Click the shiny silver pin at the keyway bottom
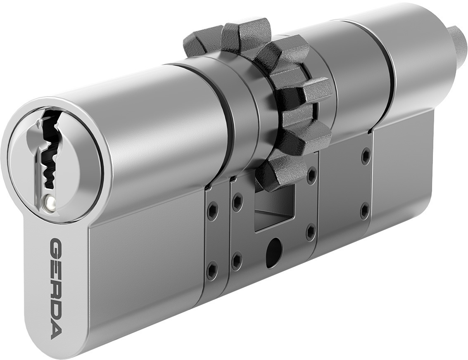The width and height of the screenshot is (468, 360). [x=50, y=202]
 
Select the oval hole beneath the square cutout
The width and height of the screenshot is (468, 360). [x=271, y=250]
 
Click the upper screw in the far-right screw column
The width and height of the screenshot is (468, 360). [x=365, y=156]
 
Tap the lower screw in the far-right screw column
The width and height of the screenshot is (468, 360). [x=364, y=210]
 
